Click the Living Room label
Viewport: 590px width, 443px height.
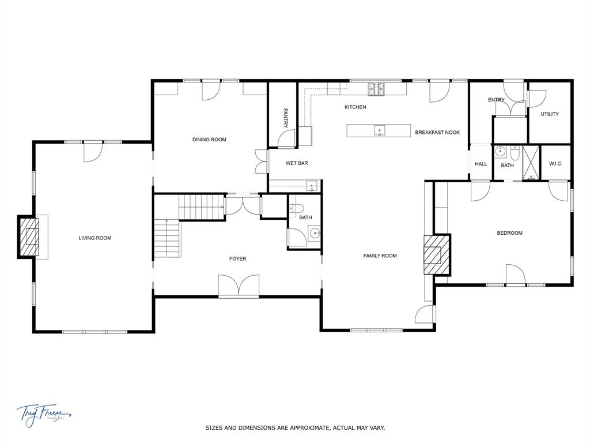(x=95, y=238)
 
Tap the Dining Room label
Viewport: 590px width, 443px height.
(x=209, y=140)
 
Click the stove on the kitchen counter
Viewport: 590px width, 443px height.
(x=377, y=89)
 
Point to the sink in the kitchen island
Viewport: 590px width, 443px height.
(x=379, y=130)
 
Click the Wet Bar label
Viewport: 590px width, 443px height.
(x=297, y=163)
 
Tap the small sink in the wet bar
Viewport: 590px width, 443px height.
(x=311, y=186)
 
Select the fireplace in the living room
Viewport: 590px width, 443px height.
(x=29, y=237)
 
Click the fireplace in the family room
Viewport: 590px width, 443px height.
(x=435, y=254)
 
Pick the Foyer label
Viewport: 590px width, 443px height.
(x=237, y=259)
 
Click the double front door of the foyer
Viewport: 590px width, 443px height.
(x=239, y=287)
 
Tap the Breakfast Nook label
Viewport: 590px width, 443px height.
(x=437, y=133)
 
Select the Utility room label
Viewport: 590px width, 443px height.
(x=549, y=114)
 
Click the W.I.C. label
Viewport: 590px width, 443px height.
(x=555, y=164)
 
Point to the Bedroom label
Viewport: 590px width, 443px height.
(x=509, y=233)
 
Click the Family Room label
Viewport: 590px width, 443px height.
(x=380, y=256)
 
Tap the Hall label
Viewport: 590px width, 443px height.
(x=481, y=164)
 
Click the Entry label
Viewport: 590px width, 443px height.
(x=496, y=100)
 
